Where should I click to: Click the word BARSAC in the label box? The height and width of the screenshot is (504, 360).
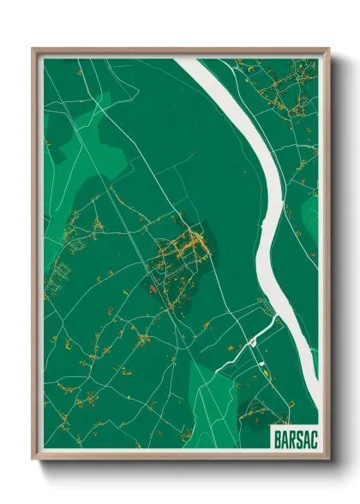[294, 436]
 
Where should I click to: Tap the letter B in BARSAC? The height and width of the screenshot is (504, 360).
[278, 436]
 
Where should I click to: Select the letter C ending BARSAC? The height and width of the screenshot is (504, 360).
[310, 436]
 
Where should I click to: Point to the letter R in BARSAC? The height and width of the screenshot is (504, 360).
[291, 436]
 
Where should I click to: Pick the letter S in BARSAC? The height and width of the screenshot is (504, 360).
[297, 436]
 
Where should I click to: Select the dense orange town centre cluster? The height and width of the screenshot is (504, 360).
[193, 249]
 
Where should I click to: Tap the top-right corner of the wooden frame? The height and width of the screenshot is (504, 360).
[328, 50]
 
